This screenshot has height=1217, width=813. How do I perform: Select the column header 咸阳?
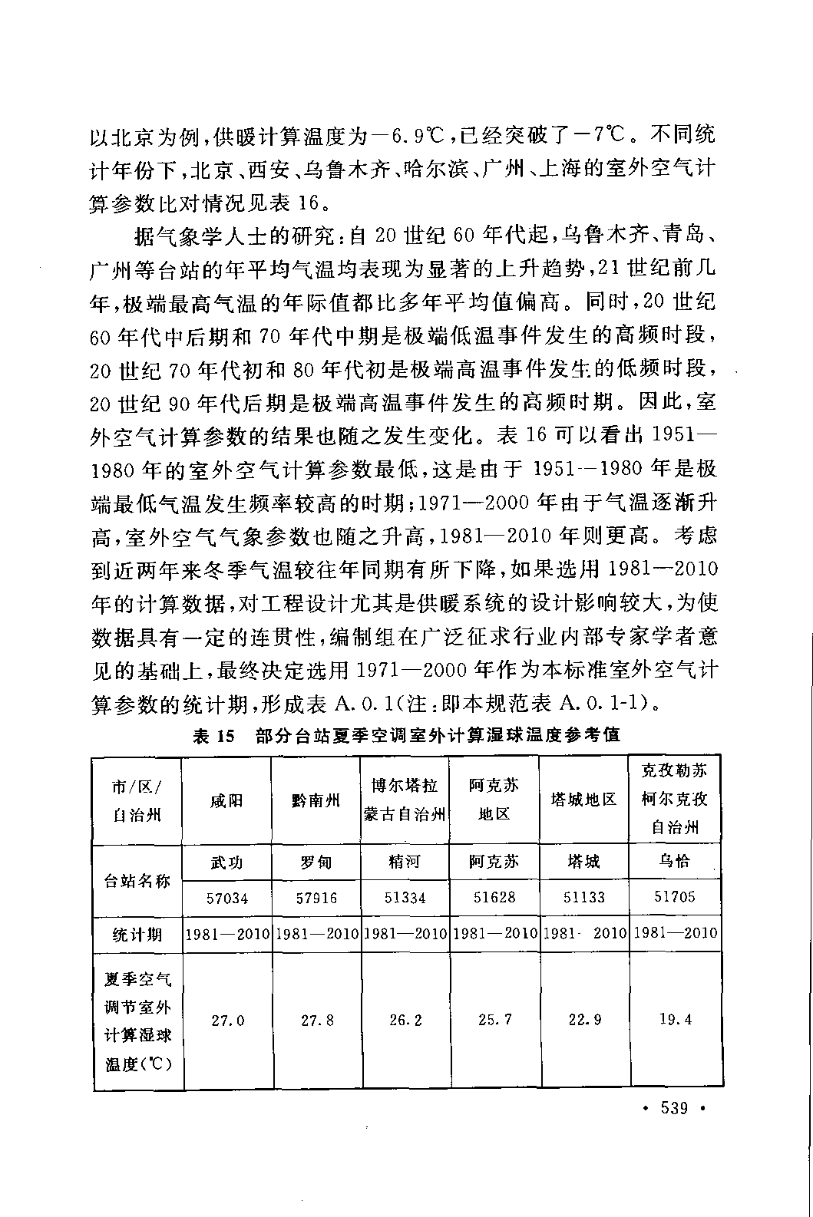[x=226, y=800]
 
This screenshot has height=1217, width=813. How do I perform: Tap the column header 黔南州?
[x=316, y=800]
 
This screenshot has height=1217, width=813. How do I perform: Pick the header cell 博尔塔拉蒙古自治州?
[x=405, y=800]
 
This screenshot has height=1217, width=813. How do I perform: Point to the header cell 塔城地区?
[x=583, y=800]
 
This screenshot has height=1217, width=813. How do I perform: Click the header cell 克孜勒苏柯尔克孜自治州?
[x=675, y=799]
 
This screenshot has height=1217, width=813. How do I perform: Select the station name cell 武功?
[x=226, y=862]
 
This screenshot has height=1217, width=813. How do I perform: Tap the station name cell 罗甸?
[x=316, y=862]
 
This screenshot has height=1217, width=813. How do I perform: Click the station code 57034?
[x=226, y=897]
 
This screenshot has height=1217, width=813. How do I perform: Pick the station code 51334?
[x=405, y=897]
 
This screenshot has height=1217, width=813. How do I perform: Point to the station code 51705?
[x=675, y=897]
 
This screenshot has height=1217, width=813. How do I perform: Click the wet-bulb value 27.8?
[x=317, y=1021]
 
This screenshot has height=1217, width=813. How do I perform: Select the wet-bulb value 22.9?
[x=585, y=1021]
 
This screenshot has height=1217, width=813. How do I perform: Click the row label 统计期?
[x=137, y=934]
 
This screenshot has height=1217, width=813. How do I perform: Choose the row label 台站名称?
[x=137, y=880]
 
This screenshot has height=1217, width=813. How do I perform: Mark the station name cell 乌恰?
[x=675, y=862]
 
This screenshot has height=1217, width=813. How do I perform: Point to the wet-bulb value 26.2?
[x=405, y=1021]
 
